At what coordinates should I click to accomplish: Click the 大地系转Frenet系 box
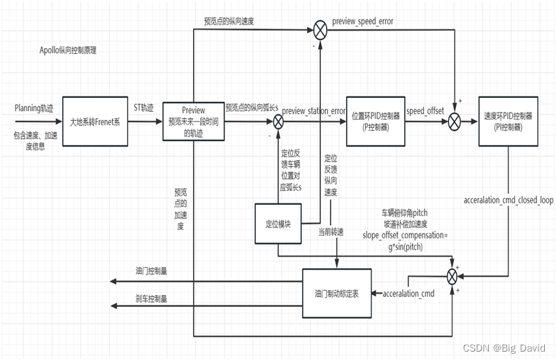(94, 120)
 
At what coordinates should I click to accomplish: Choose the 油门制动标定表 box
(336, 293)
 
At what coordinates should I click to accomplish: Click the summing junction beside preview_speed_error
(320, 30)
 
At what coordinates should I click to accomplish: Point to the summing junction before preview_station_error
(278, 122)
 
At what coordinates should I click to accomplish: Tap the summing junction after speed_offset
(455, 122)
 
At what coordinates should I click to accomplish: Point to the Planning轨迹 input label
(34, 108)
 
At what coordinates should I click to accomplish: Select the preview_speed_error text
(362, 21)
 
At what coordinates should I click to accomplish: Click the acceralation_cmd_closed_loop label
(508, 200)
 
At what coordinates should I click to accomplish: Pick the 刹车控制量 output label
(151, 298)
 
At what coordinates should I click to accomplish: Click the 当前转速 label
(332, 231)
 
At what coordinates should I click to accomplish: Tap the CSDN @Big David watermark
(505, 347)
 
